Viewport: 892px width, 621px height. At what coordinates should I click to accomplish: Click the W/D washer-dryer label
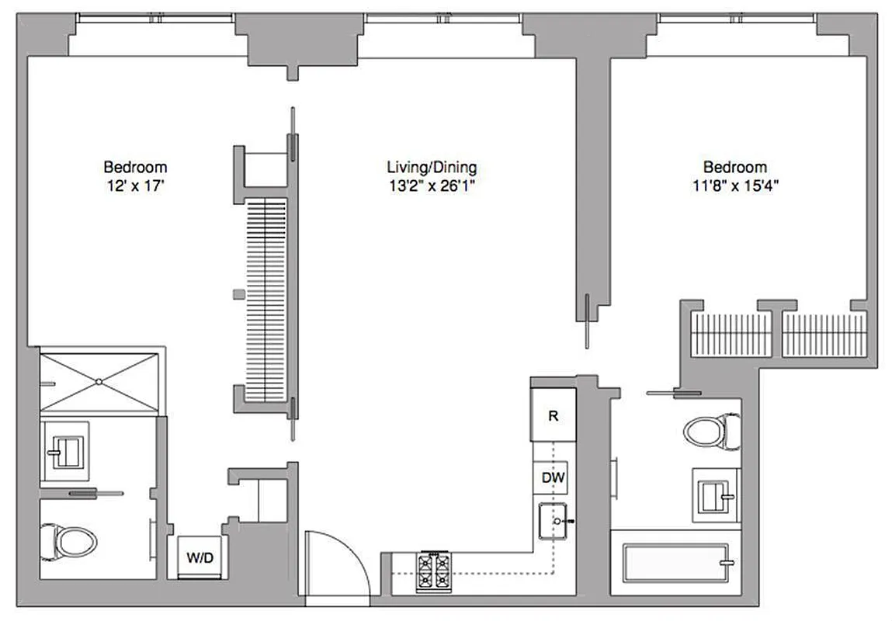tap(196, 557)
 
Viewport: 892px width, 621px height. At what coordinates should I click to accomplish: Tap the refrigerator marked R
tap(553, 415)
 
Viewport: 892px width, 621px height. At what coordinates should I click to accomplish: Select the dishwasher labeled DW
tap(553, 477)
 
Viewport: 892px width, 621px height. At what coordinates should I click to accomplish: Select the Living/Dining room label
tap(432, 167)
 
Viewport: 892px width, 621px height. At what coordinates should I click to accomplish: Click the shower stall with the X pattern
tap(99, 380)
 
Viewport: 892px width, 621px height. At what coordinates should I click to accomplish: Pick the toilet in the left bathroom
tap(68, 539)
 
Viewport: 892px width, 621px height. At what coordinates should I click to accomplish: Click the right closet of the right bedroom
tap(824, 334)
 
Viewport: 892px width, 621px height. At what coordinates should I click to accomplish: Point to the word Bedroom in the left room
tap(136, 167)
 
